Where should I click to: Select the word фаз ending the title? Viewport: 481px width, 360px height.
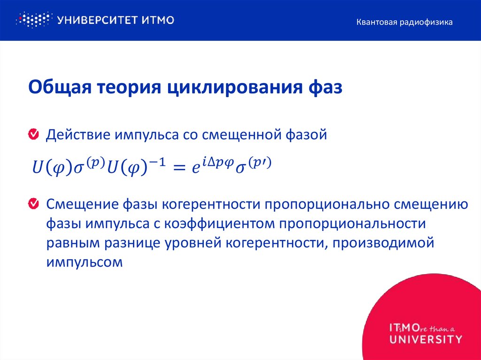tap(325, 88)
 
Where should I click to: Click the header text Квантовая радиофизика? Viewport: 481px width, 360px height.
tap(404, 22)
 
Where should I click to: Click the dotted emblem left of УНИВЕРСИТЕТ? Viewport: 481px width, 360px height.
tap(33, 20)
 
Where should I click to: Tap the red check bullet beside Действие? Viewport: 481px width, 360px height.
tap(34, 135)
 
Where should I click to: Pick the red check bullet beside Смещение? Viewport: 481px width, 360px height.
tap(34, 204)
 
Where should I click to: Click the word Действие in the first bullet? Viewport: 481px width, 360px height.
tap(76, 135)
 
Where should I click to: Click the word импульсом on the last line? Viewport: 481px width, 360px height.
tap(84, 262)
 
